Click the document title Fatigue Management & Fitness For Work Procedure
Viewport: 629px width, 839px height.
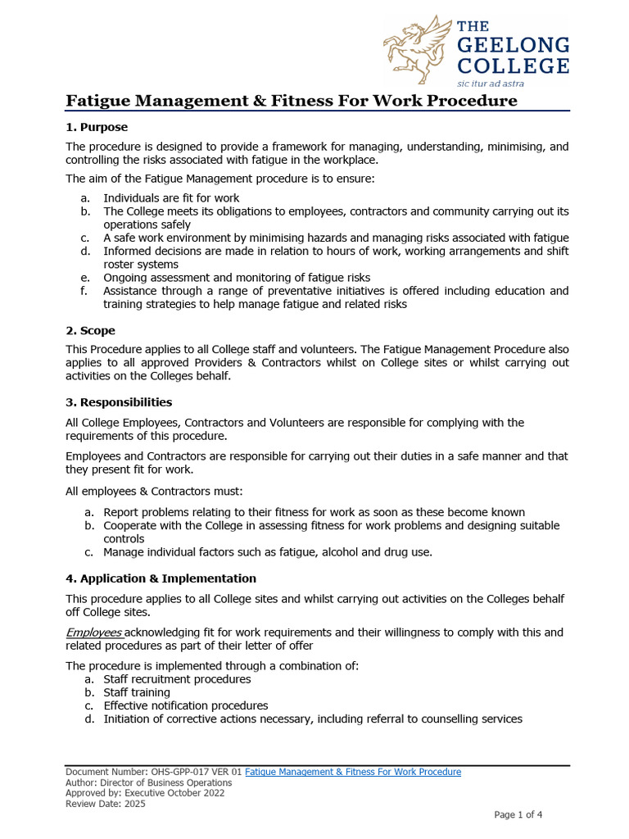292,101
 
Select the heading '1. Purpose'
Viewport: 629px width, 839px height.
97,127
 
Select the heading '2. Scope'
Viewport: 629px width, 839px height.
90,331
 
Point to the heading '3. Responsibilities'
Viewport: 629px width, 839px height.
119,402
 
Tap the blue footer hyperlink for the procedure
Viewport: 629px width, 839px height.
353,772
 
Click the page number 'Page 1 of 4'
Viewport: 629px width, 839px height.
518,814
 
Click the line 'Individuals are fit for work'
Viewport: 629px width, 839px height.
171,198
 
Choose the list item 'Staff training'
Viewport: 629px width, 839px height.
137,692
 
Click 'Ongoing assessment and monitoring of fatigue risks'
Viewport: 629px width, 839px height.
236,278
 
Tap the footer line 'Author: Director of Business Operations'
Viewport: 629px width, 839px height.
148,782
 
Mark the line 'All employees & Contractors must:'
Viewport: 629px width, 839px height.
154,492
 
